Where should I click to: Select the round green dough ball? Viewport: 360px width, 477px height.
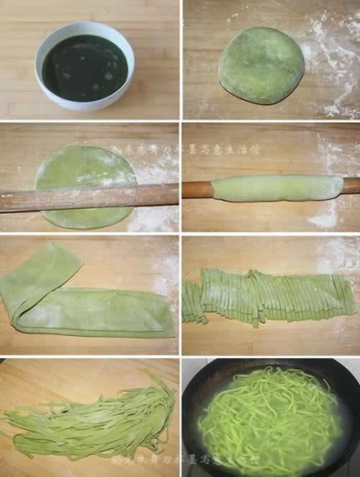point(261,65)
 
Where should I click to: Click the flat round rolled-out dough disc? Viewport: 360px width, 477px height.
point(86,169)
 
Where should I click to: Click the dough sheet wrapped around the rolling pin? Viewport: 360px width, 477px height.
point(278,187)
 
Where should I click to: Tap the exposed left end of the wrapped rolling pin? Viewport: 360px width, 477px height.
point(197,190)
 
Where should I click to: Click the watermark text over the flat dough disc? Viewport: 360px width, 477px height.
point(144,150)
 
